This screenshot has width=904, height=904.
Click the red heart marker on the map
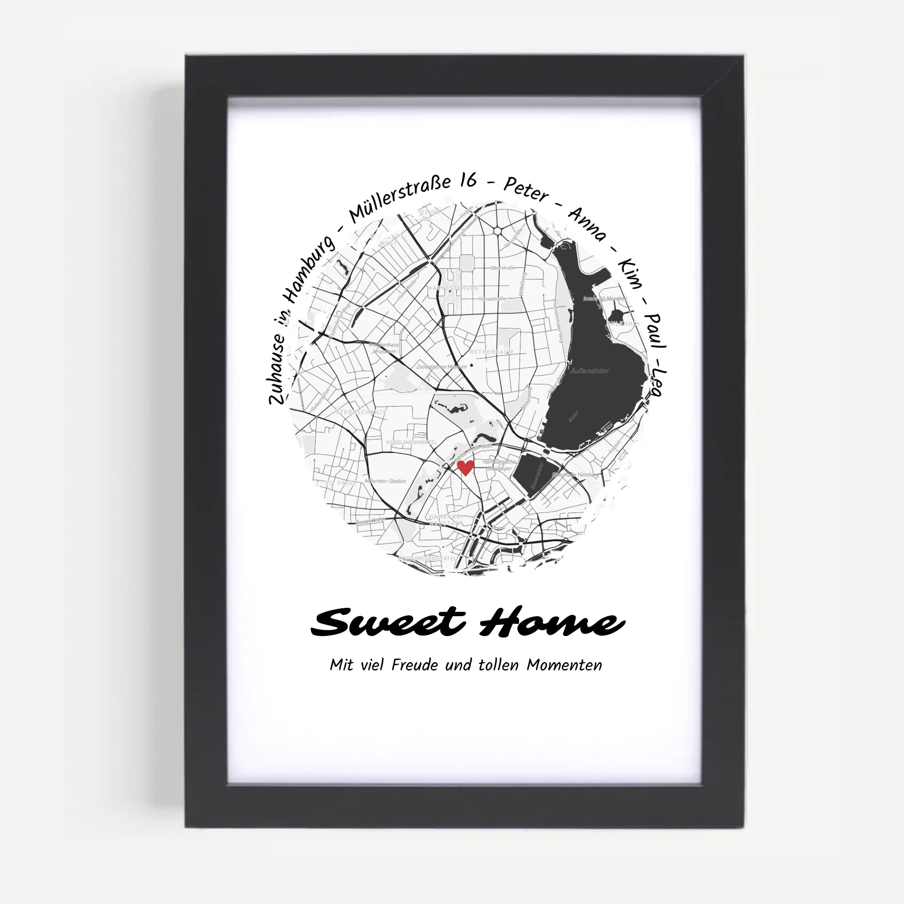tap(465, 467)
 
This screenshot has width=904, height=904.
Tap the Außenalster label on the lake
tap(590, 371)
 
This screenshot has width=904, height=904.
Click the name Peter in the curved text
tap(525, 189)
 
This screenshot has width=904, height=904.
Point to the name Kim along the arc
tap(630, 273)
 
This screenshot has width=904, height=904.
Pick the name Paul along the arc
tap(655, 331)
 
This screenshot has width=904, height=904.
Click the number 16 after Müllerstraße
tap(467, 180)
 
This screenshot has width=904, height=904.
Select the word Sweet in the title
tap(388, 622)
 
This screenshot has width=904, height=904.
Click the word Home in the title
tap(552, 622)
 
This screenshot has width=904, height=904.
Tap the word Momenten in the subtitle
tap(564, 665)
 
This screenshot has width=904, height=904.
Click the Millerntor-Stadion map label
tap(385, 481)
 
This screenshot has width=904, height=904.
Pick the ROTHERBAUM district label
tap(491, 352)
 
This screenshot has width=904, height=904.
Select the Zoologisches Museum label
tap(441, 367)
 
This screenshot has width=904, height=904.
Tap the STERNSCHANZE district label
tap(361, 412)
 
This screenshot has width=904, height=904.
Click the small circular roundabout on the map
tap(497, 231)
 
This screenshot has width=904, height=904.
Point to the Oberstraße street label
tap(503, 268)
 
